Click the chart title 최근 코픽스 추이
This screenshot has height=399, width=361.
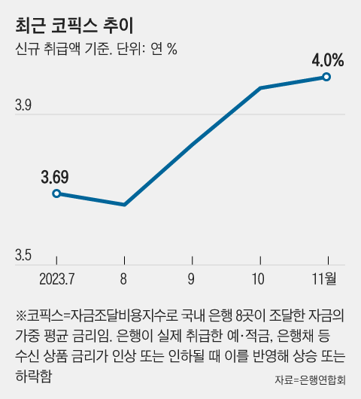74,26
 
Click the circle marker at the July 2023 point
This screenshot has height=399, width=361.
56,193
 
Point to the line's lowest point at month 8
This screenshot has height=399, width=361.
124,204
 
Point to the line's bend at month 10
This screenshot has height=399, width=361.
259,88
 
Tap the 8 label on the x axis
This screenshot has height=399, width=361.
123,279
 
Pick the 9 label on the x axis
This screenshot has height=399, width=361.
191,279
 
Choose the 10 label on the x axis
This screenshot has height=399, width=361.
259,279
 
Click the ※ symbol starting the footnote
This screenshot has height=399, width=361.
20,313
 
